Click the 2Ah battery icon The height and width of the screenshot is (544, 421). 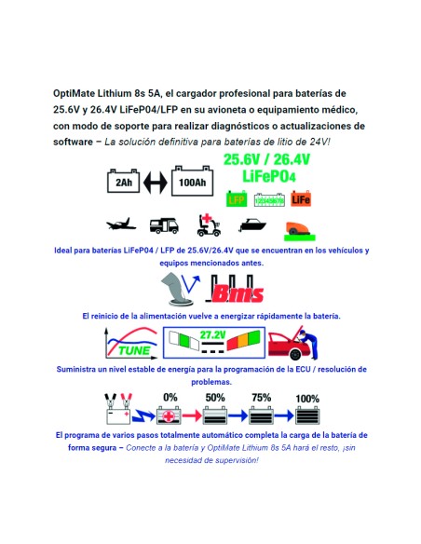[x=124, y=182]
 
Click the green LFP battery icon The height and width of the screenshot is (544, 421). [x=237, y=197]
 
